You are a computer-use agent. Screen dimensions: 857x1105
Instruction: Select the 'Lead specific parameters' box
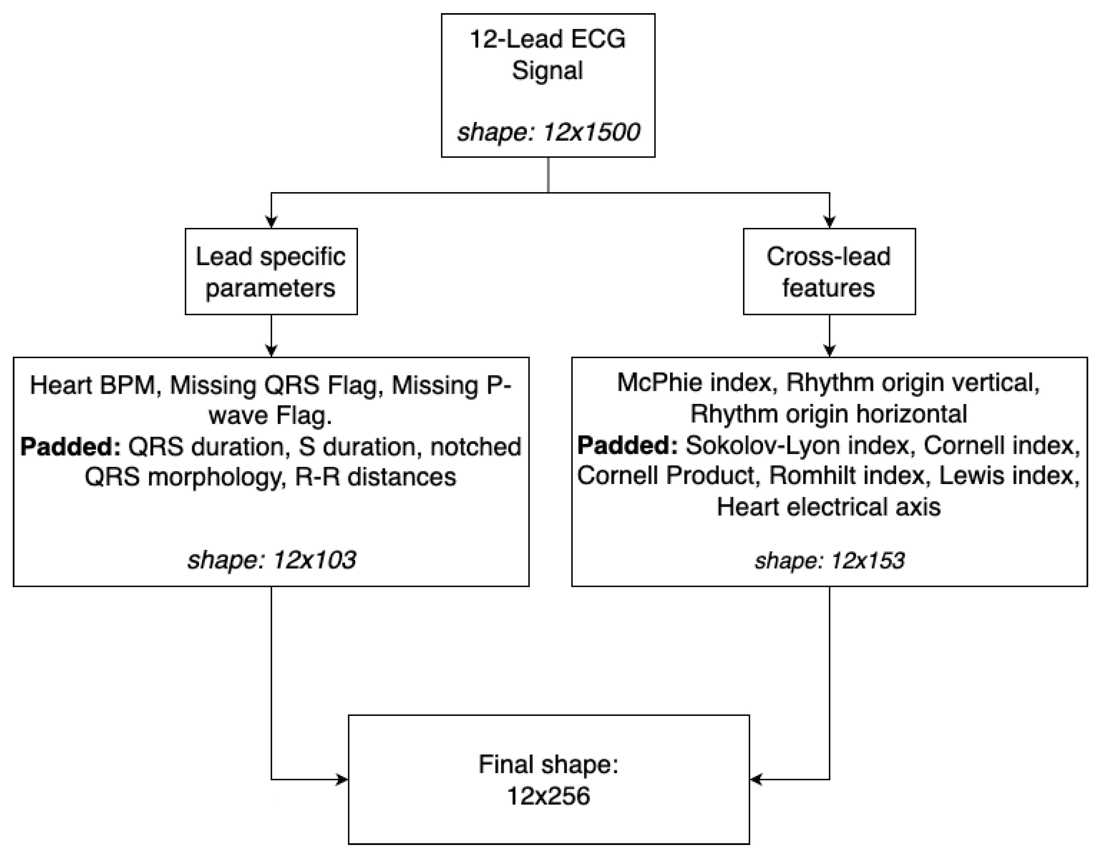[x=271, y=272]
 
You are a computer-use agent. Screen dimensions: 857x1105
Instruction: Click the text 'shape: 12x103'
[x=271, y=560]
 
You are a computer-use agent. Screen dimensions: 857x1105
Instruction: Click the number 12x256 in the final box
[x=548, y=796]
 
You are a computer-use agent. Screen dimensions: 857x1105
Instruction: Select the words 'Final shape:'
[x=548, y=764]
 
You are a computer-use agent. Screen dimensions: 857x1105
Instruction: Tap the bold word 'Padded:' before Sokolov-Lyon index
[x=627, y=445]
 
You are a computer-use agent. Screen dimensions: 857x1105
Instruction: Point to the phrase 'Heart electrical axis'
[x=829, y=507]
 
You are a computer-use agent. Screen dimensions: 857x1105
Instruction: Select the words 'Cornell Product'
[x=666, y=476]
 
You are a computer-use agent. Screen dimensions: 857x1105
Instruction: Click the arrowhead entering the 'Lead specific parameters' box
[x=271, y=223]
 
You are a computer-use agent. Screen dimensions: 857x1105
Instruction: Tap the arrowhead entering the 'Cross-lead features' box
[x=829, y=223]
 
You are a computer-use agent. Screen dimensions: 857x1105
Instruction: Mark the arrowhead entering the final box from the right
[x=756, y=780]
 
